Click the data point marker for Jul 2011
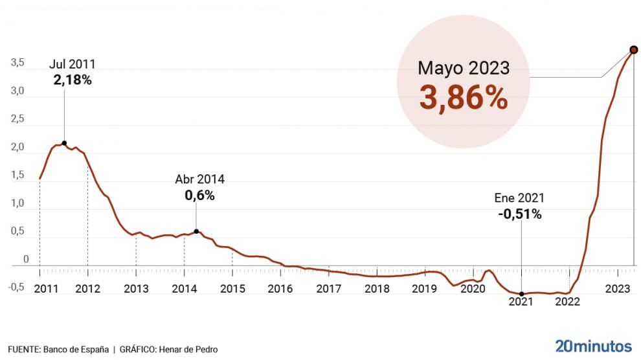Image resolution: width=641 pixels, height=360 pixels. (64, 143)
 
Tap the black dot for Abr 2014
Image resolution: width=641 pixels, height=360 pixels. (196, 231)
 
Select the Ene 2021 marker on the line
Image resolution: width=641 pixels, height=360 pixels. (521, 294)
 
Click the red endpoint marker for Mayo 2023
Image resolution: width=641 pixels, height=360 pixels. (634, 50)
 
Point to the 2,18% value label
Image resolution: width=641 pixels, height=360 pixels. (73, 80)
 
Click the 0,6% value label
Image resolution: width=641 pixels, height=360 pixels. (199, 195)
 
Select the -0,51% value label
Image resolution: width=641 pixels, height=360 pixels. (520, 214)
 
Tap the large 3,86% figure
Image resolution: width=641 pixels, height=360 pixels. (463, 98)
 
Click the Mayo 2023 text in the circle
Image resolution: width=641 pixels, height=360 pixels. (463, 67)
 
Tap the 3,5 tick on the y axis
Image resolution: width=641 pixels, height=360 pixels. (17, 63)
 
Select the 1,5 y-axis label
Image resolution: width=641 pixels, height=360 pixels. (17, 175)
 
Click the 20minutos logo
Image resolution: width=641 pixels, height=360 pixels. (592, 344)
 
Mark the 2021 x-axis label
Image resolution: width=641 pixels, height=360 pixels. (521, 301)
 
